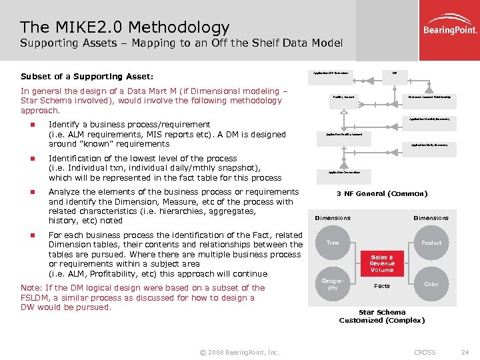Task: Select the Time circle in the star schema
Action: click(333, 243)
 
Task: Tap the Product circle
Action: click(431, 243)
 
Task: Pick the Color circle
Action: click(431, 283)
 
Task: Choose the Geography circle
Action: click(333, 284)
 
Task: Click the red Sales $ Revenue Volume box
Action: click(382, 263)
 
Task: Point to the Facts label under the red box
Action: click(382, 285)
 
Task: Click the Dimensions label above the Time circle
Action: click(333, 218)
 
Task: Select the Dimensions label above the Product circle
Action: click(431, 218)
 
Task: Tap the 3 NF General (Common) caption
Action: click(382, 194)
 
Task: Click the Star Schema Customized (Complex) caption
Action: click(382, 316)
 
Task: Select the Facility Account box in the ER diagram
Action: click(343, 97)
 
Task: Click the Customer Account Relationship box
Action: click(429, 97)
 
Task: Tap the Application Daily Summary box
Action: click(429, 145)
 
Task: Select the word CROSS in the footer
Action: click(425, 352)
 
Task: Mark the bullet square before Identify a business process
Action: click(31, 125)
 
